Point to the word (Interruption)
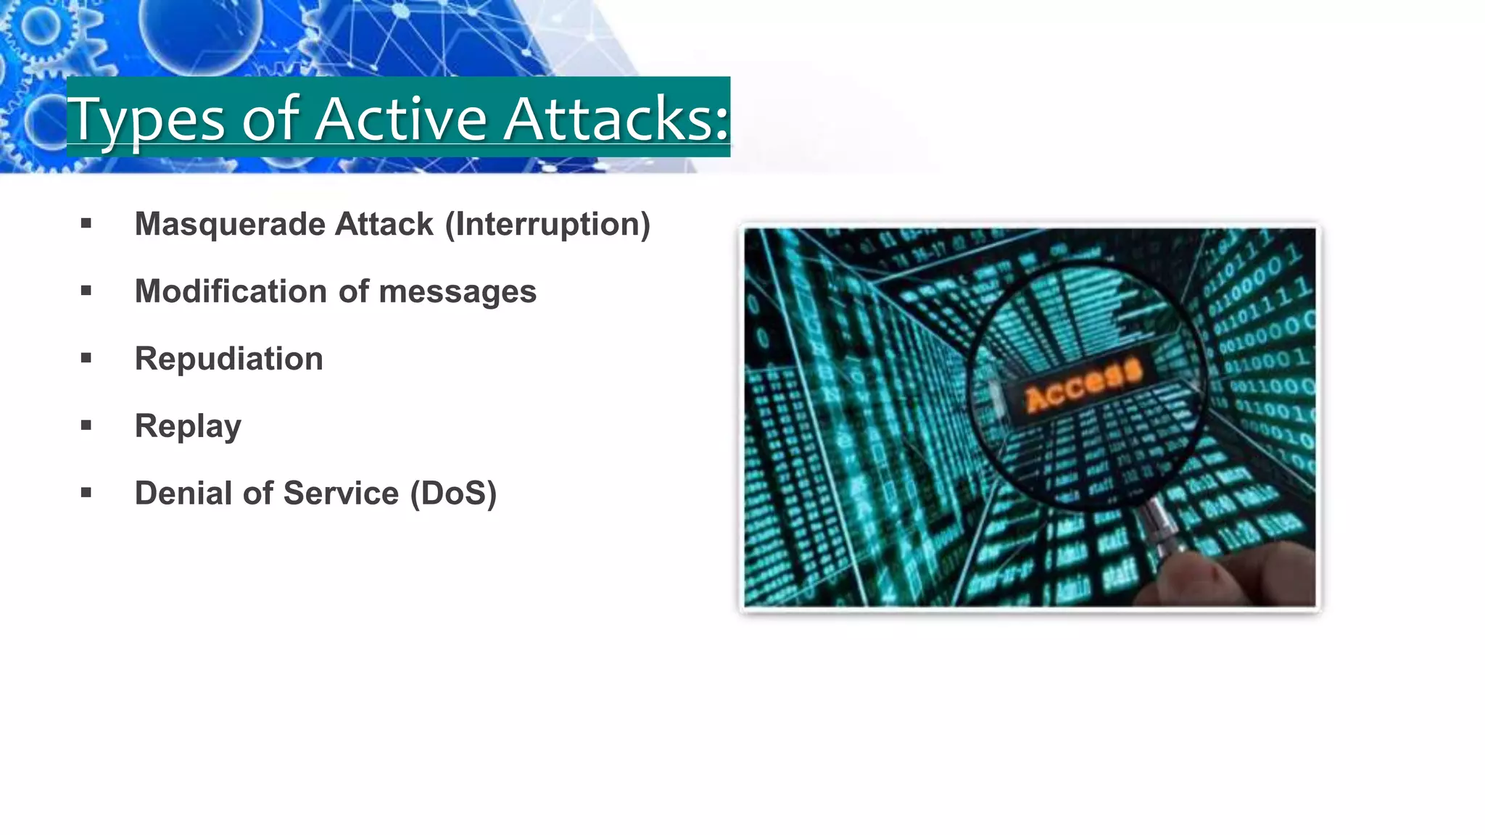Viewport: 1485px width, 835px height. [547, 224]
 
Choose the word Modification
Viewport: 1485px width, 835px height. [231, 291]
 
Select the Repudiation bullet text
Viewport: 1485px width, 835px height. [228, 359]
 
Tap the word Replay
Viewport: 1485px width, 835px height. [188, 426]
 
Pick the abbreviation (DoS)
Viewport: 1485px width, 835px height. [453, 494]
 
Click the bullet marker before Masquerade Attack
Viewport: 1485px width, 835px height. [86, 224]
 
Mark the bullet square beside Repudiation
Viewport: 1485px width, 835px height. [86, 358]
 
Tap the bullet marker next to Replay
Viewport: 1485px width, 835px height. [86, 425]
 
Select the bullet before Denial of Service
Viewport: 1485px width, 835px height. [86, 493]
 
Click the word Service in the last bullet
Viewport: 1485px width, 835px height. [341, 493]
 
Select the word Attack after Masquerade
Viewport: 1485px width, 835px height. [384, 224]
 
